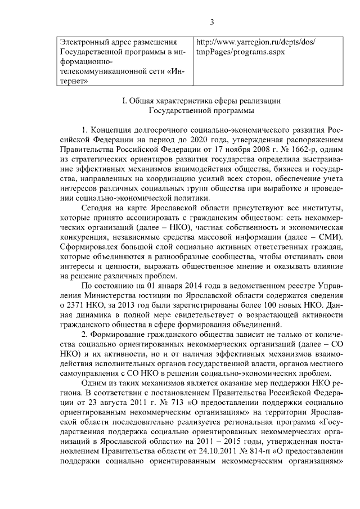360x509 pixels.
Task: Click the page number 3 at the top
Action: tap(212, 22)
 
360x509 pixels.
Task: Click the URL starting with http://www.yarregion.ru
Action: tap(255, 42)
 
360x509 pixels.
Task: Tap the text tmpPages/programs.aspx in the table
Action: tap(240, 52)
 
